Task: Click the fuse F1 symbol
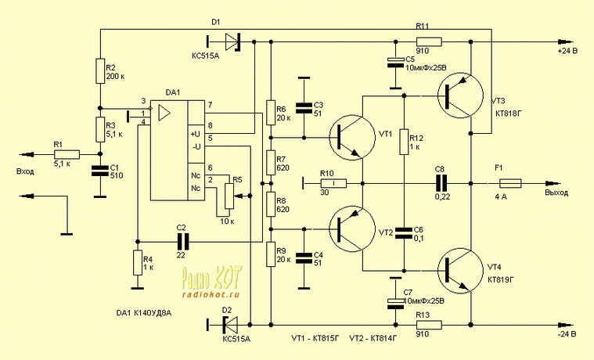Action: [x=509, y=185]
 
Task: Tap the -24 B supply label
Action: [x=566, y=334]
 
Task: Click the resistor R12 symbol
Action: [x=404, y=143]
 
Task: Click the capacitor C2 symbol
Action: [x=182, y=241]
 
